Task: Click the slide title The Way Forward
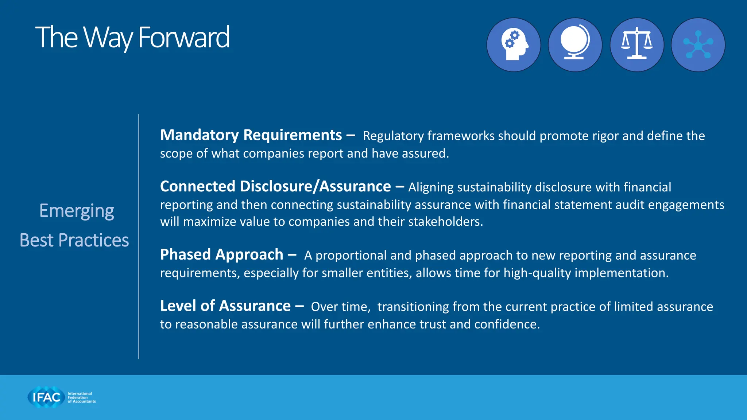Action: point(132,38)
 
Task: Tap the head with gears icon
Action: point(514,45)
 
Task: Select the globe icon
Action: point(575,45)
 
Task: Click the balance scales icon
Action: point(637,45)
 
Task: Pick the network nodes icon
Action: point(698,45)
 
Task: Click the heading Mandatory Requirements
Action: point(251,135)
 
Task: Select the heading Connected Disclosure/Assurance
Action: point(275,187)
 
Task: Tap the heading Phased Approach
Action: point(221,255)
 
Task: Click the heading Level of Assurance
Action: point(225,306)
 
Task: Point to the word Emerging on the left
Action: point(77,211)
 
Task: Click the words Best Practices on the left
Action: point(74,241)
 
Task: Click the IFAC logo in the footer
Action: point(46,397)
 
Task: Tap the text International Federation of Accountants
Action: point(81,397)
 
